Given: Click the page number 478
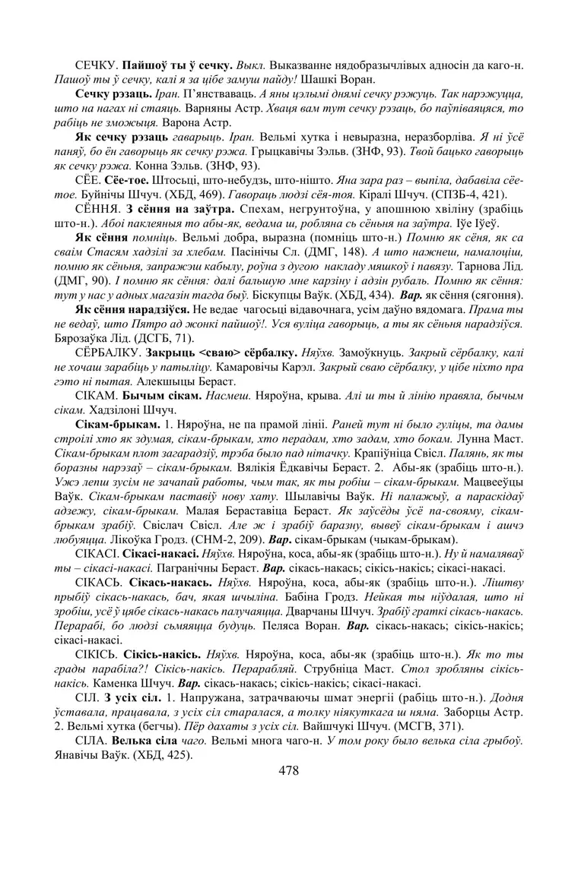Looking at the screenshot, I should [288, 770].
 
